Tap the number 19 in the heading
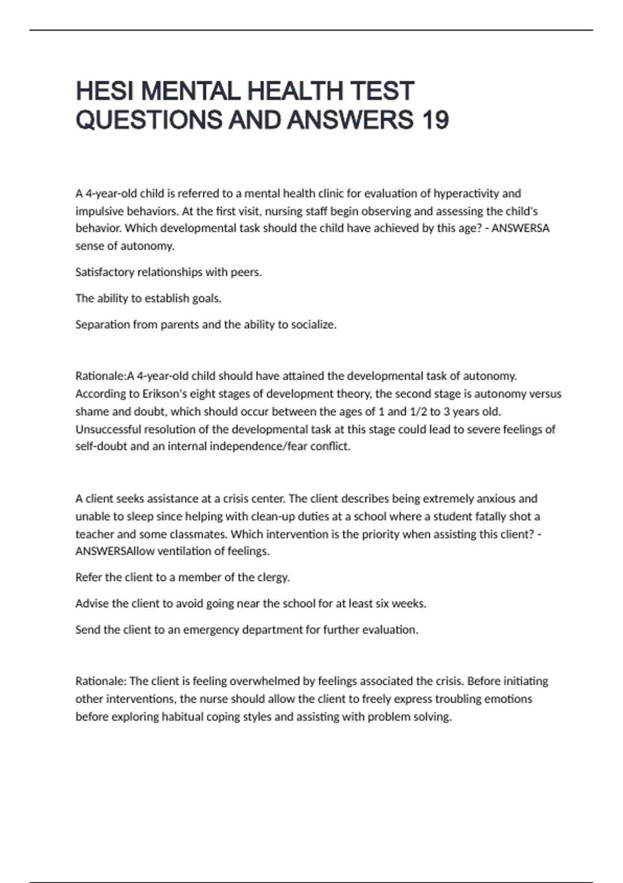pos(435,121)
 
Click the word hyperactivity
pos(467,194)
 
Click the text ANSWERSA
pos(520,229)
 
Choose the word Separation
pos(102,325)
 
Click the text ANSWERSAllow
pos(115,551)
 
